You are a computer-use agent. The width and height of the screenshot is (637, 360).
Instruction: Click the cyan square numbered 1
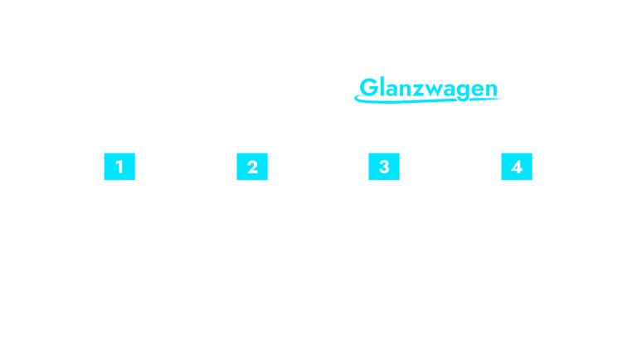tap(119, 167)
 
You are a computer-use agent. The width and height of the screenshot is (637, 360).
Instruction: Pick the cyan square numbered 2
tap(252, 167)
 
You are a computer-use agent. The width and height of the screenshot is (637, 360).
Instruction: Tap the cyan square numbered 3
tap(384, 167)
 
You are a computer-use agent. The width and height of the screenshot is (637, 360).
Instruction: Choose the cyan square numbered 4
tap(517, 167)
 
